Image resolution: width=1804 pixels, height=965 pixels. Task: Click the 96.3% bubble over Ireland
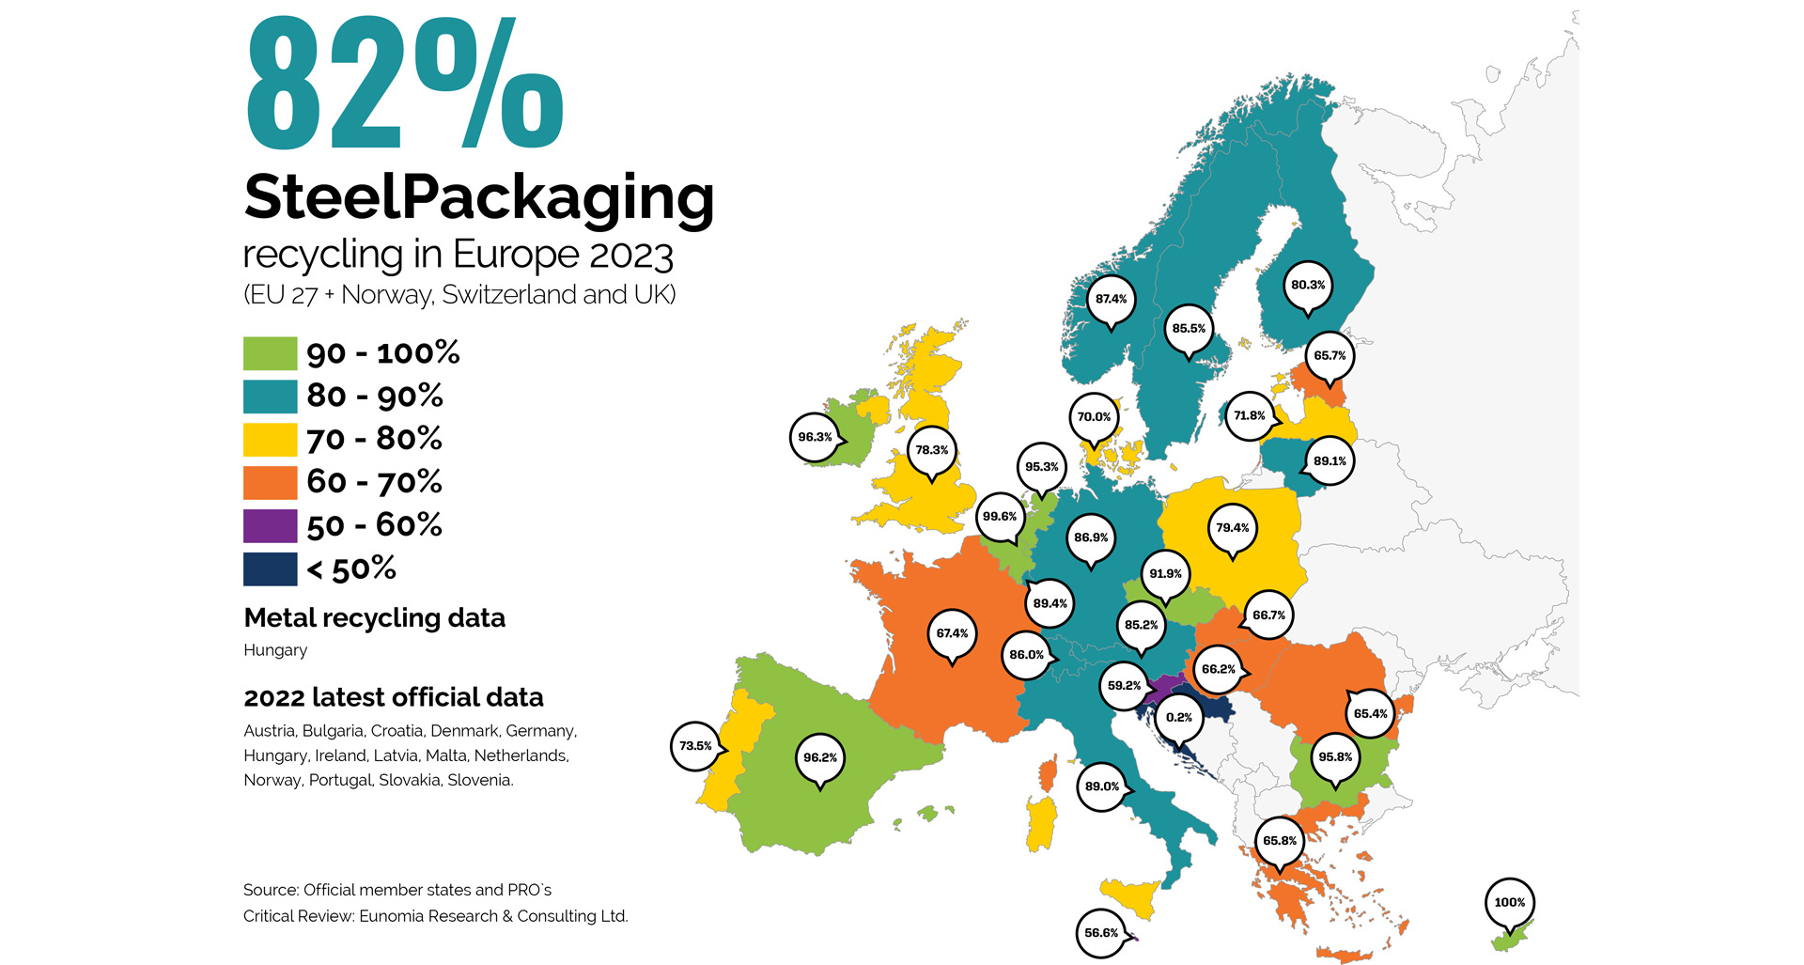(815, 437)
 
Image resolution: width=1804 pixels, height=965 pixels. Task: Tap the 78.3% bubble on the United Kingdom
(932, 450)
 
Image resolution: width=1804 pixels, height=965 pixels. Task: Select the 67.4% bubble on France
(952, 633)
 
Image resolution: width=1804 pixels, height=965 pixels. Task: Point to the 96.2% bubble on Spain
(820, 757)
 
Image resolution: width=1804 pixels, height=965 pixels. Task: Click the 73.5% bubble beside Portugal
(695, 746)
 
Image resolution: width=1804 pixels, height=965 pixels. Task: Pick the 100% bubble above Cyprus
(1509, 902)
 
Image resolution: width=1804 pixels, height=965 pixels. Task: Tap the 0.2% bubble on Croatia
(1178, 717)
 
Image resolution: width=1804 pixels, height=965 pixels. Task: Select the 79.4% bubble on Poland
(1232, 528)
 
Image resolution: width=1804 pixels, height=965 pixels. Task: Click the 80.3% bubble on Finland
(1308, 285)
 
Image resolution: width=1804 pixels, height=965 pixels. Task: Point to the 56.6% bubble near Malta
(1101, 933)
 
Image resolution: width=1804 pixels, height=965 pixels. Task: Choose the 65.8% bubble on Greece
(1280, 841)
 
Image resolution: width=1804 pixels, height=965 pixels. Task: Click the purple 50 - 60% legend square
(271, 525)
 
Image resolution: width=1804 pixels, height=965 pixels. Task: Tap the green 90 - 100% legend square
(271, 353)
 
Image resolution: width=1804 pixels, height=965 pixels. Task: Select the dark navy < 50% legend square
(271, 568)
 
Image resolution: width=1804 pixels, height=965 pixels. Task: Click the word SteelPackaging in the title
(478, 198)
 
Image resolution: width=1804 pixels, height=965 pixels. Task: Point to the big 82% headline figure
(404, 85)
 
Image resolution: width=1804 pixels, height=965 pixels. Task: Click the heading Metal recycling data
(374, 617)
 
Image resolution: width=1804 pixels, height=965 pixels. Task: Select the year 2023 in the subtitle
(631, 256)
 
